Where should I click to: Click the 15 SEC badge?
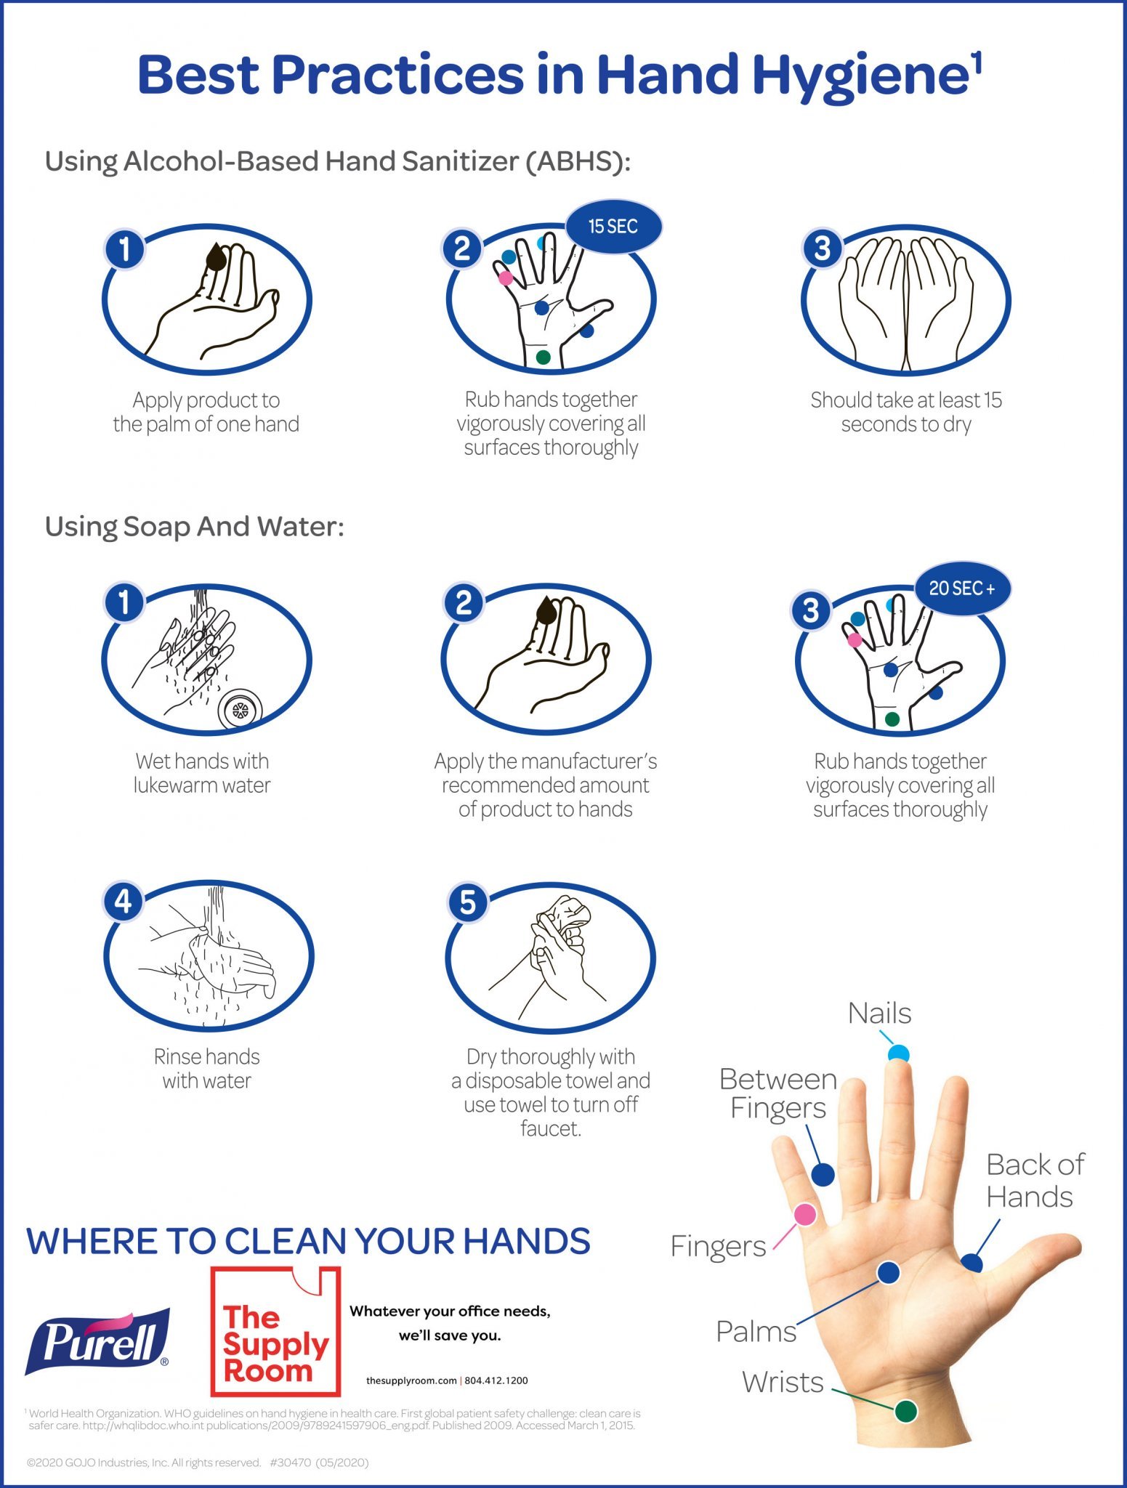click(613, 227)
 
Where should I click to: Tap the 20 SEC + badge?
click(961, 589)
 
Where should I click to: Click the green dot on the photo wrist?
click(905, 1411)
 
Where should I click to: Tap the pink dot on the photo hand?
click(804, 1214)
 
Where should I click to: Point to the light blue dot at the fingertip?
click(898, 1054)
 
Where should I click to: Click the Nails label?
click(879, 1014)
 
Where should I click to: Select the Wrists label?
click(783, 1382)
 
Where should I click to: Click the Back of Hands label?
click(1034, 1181)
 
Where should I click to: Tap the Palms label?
click(756, 1331)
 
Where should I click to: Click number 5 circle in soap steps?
click(467, 903)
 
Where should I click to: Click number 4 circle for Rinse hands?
click(124, 902)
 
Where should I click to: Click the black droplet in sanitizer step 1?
click(216, 256)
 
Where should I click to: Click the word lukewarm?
click(175, 785)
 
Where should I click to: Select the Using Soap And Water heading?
click(194, 527)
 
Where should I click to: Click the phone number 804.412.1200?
click(496, 1380)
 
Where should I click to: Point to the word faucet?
click(550, 1128)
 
